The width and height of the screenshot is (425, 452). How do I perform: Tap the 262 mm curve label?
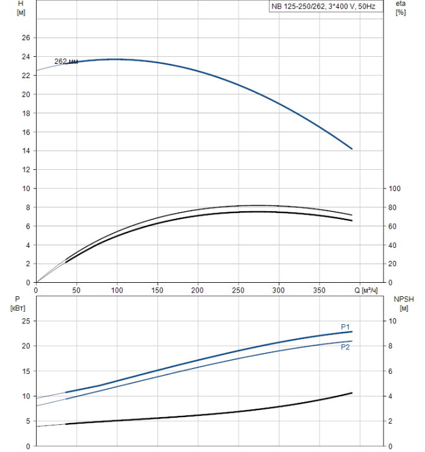[x=66, y=61]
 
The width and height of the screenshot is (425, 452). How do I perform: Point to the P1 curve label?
[x=345, y=327]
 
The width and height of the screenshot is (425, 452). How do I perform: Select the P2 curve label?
[x=345, y=347]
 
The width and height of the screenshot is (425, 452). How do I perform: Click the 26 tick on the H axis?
[x=26, y=37]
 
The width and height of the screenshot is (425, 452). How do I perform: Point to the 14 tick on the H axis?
[x=26, y=150]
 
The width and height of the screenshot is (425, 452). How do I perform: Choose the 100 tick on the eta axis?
[x=395, y=189]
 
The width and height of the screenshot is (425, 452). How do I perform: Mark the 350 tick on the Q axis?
[x=319, y=290]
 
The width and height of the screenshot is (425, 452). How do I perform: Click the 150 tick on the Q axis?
[x=157, y=290]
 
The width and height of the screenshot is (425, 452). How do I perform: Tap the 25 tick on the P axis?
[x=26, y=321]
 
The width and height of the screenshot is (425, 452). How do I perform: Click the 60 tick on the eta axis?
[x=393, y=226]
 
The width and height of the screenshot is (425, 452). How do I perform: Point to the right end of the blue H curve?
[x=352, y=149]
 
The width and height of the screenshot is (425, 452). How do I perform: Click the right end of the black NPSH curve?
[x=352, y=393]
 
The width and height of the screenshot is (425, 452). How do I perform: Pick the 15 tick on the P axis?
[x=26, y=371]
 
